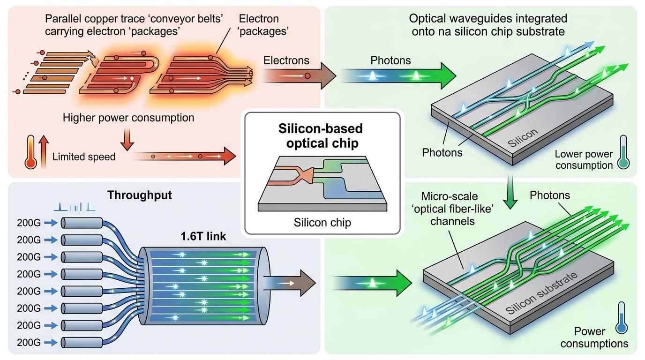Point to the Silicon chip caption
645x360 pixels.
[x=322, y=222]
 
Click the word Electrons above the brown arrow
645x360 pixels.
[x=286, y=60]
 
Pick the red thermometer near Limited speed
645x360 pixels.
[x=31, y=152]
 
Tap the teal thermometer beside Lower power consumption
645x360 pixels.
[x=623, y=152]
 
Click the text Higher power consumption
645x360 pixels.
[x=128, y=118]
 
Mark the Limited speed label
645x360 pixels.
[x=84, y=157]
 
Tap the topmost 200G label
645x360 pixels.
[x=29, y=223]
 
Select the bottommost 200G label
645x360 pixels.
[x=29, y=342]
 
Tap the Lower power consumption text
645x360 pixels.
[x=583, y=159]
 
